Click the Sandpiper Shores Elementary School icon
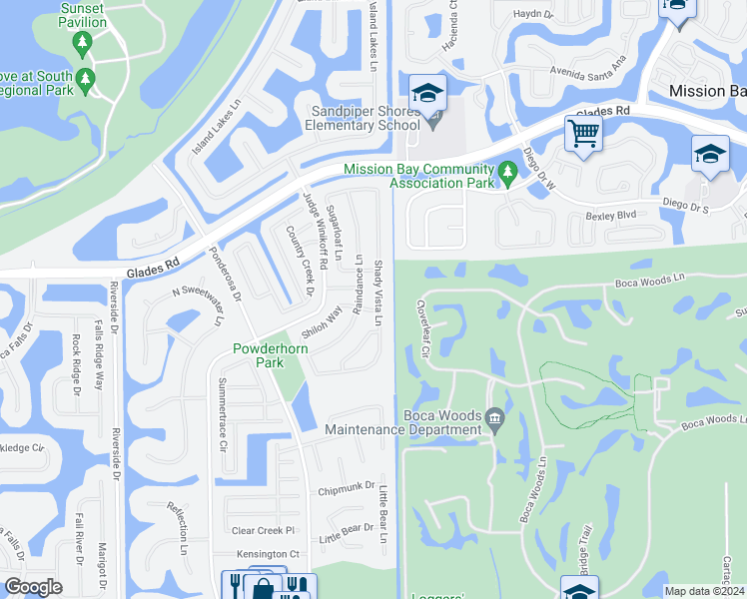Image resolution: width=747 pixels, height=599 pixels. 427,95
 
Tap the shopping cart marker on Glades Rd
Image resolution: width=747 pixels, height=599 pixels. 582,133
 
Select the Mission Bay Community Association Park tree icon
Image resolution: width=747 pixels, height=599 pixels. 507,174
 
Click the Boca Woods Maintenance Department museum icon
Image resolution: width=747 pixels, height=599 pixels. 494,416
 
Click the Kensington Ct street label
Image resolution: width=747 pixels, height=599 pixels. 268,554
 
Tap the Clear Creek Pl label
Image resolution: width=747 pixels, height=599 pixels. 264,530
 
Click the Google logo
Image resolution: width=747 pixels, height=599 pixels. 33,587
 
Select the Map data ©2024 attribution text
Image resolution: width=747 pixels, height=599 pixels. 704,591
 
